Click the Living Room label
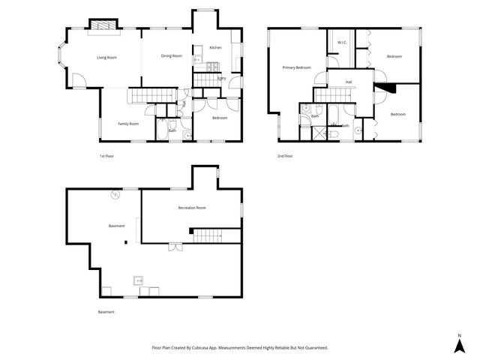(x=106, y=57)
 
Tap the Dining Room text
(x=172, y=55)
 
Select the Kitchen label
(x=215, y=47)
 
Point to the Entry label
(x=222, y=78)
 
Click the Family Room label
(x=128, y=124)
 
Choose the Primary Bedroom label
(x=296, y=67)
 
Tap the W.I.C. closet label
(x=341, y=42)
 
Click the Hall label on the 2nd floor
(x=349, y=82)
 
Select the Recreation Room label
(x=191, y=208)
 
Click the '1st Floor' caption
(x=107, y=156)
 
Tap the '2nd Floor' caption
(x=284, y=156)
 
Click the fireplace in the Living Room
(x=103, y=26)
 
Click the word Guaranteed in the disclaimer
(x=313, y=347)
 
